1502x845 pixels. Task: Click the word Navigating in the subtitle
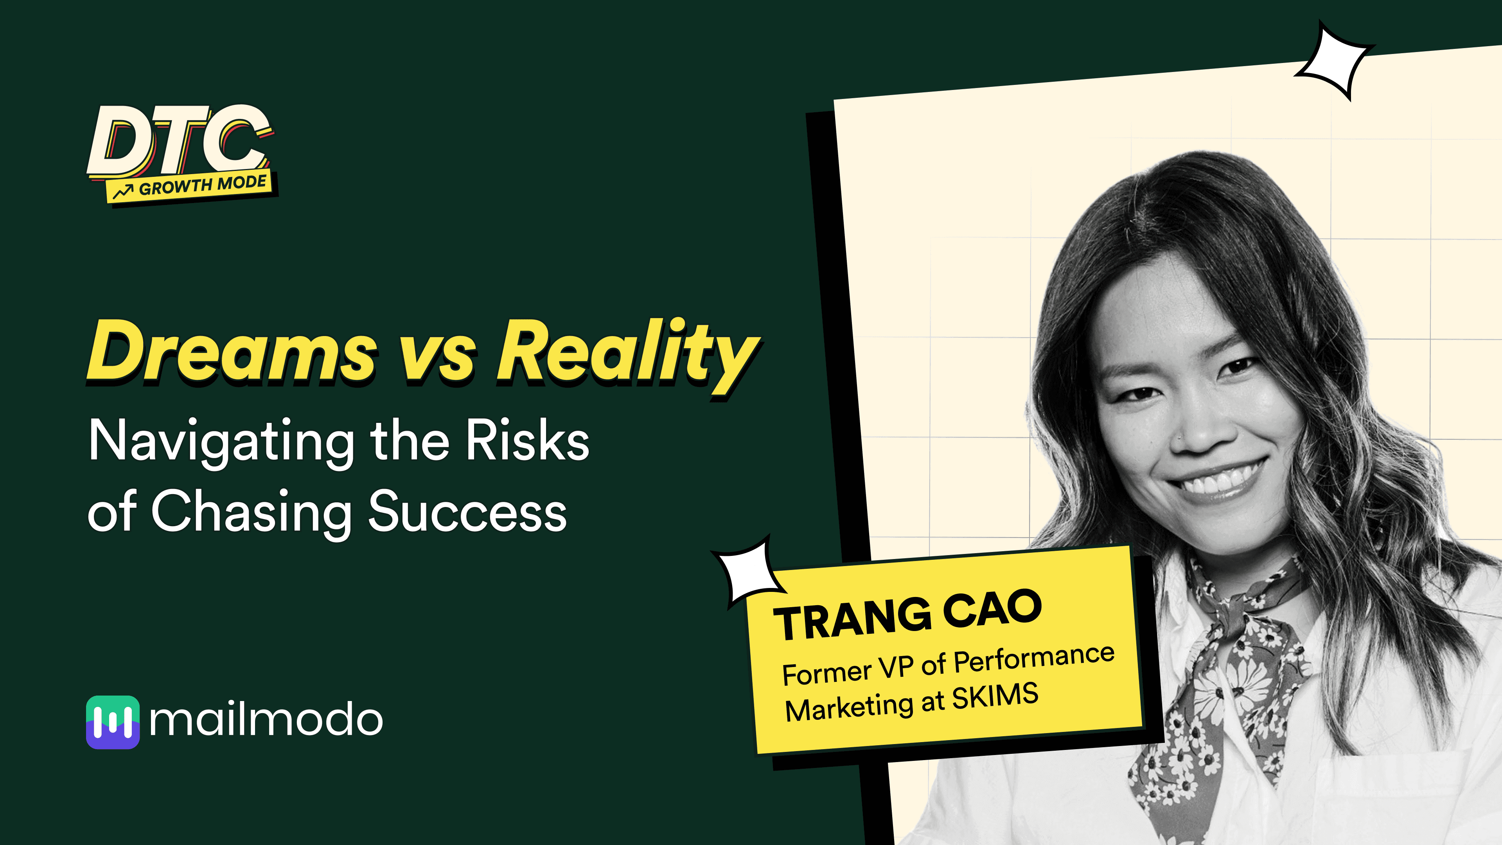(221, 444)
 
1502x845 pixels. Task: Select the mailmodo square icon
(113, 722)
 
